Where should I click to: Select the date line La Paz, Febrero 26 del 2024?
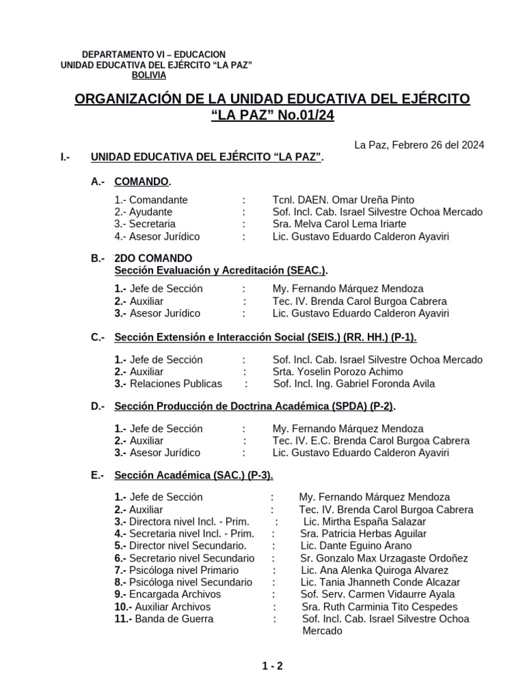click(419, 144)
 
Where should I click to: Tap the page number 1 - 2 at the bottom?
click(272, 666)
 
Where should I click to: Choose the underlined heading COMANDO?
click(142, 182)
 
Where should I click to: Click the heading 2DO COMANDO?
click(153, 259)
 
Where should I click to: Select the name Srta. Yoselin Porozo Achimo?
click(338, 372)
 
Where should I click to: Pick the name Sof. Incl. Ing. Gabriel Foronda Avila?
click(354, 384)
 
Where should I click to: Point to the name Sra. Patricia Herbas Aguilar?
click(364, 534)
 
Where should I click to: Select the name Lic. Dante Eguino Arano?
click(356, 546)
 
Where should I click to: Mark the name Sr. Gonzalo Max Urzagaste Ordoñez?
click(384, 558)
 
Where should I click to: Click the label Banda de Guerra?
click(174, 619)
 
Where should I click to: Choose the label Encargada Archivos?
click(175, 595)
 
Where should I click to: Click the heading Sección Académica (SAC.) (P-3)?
click(194, 476)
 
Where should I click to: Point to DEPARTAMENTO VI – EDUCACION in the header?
click(153, 54)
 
